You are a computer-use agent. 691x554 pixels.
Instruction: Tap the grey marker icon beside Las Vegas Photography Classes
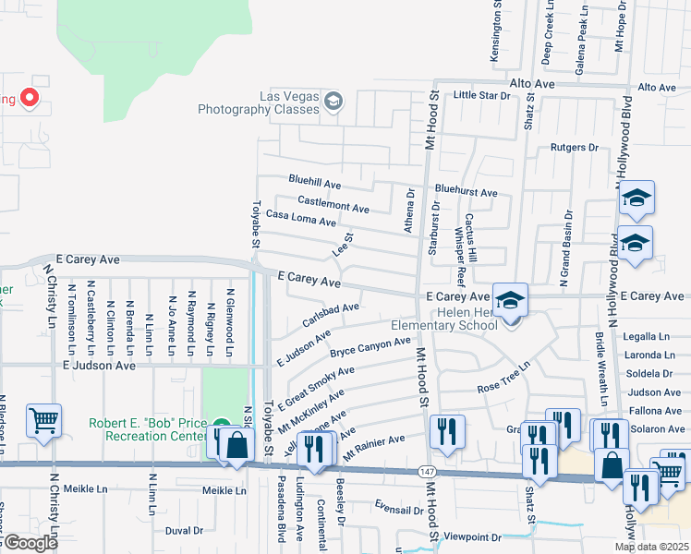pyautogui.click(x=333, y=102)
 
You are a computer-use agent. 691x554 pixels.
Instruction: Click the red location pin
pyautogui.click(x=29, y=97)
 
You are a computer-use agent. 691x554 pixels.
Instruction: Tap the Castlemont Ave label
pyautogui.click(x=333, y=201)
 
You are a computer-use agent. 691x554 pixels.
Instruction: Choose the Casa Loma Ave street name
pyautogui.click(x=300, y=218)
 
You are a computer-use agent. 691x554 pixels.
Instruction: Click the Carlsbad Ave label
pyautogui.click(x=330, y=314)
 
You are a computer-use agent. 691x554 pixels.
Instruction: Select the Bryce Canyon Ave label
pyautogui.click(x=370, y=348)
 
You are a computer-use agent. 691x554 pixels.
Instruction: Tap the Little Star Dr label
pyautogui.click(x=481, y=95)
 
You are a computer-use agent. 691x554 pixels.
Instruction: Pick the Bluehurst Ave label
pyautogui.click(x=467, y=193)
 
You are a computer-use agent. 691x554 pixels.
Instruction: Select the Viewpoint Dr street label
pyautogui.click(x=472, y=536)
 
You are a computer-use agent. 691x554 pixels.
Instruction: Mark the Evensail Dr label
pyautogui.click(x=398, y=507)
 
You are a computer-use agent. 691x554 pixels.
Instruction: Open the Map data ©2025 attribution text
pyautogui.click(x=650, y=547)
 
